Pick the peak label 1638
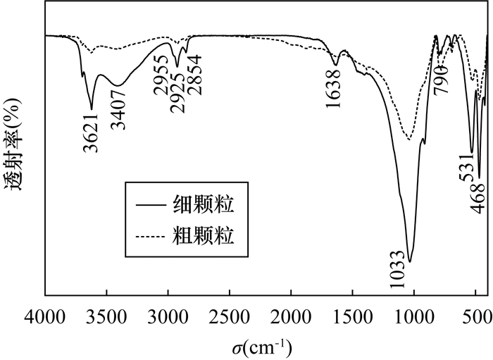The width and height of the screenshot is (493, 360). [x=336, y=89]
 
